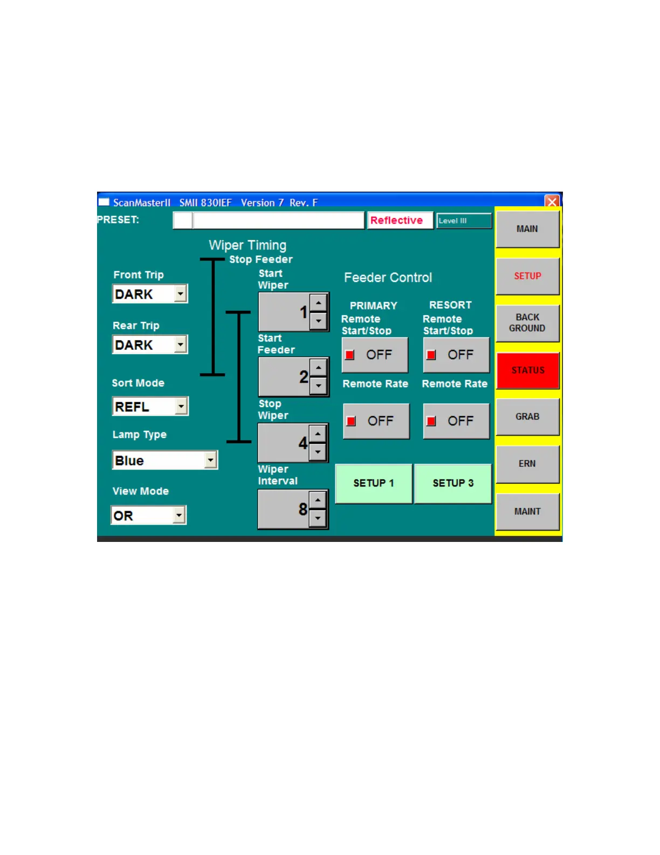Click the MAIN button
pyautogui.click(x=527, y=229)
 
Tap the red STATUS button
pyautogui.click(x=527, y=370)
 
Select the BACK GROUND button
pyautogui.click(x=527, y=323)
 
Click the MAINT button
pyautogui.click(x=527, y=511)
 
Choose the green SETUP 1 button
pyautogui.click(x=374, y=483)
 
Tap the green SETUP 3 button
pyautogui.click(x=453, y=483)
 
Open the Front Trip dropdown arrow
pyautogui.click(x=181, y=294)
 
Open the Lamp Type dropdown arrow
pyautogui.click(x=210, y=460)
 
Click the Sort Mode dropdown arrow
pyautogui.click(x=181, y=406)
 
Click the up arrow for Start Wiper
pyautogui.click(x=319, y=303)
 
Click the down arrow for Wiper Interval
pyautogui.click(x=318, y=518)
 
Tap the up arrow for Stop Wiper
pyautogui.click(x=318, y=433)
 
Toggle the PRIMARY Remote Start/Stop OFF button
pyautogui.click(x=375, y=355)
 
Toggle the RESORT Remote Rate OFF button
pyautogui.click(x=456, y=421)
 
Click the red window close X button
pyautogui.click(x=552, y=202)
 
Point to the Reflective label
pyautogui.click(x=396, y=220)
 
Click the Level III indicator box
pyautogui.click(x=464, y=221)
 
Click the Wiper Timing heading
pyautogui.click(x=247, y=245)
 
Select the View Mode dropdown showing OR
pyautogui.click(x=148, y=515)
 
